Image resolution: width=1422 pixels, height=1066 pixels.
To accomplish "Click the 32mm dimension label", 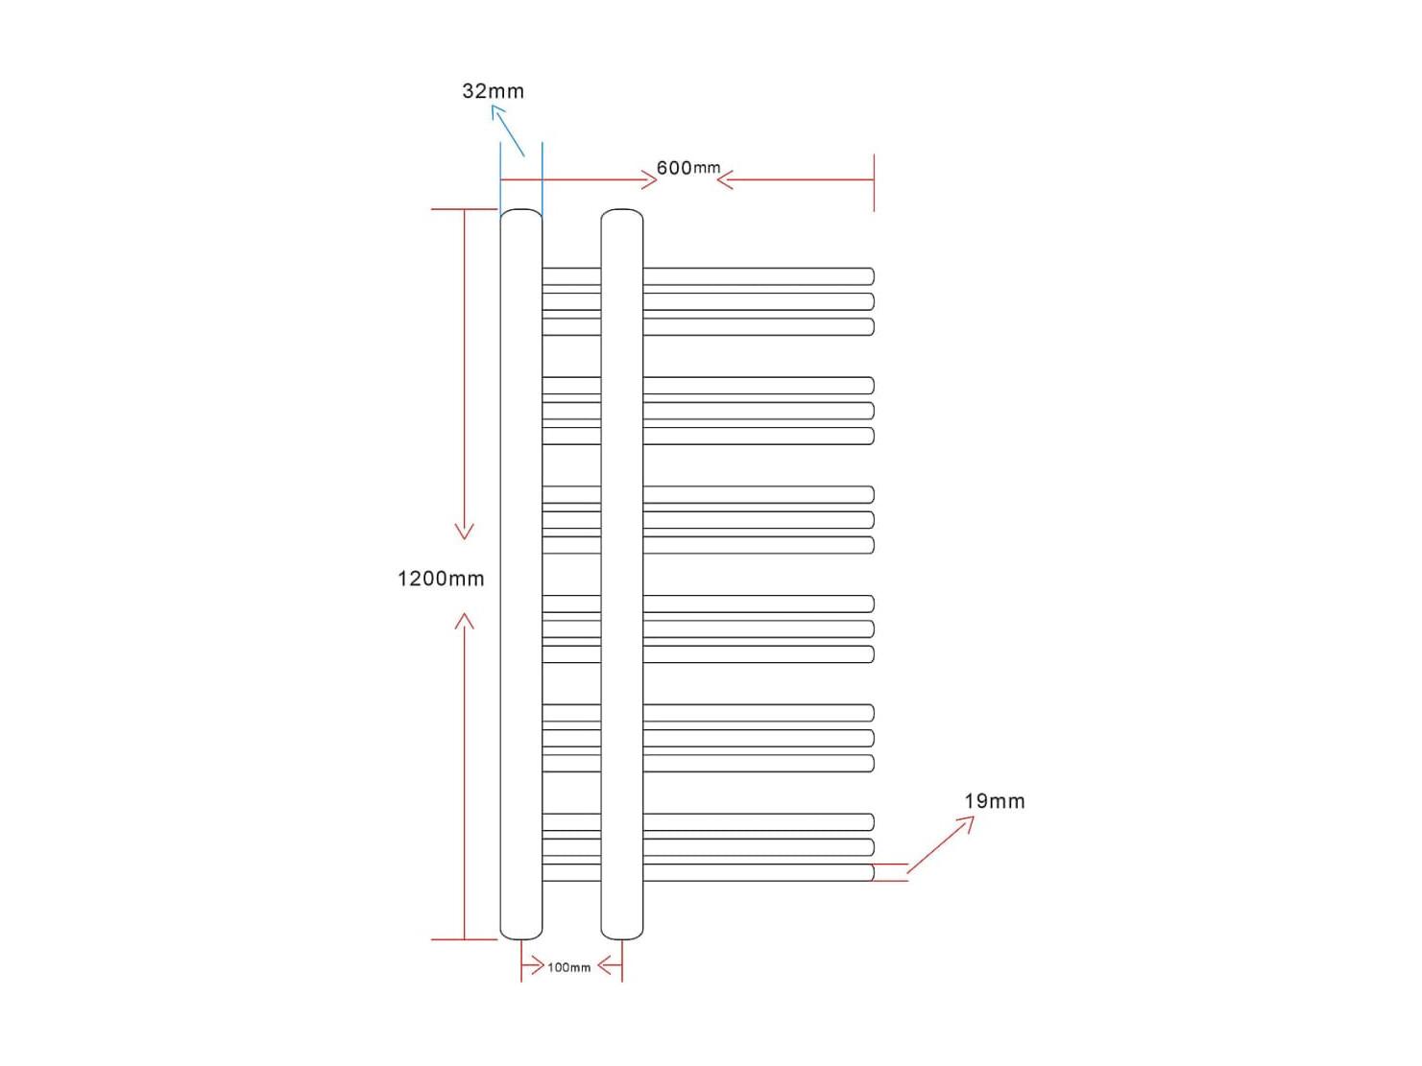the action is (x=493, y=91).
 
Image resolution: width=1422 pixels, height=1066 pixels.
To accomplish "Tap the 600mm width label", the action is (x=688, y=168).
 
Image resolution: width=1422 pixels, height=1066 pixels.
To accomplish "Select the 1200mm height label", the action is (x=441, y=578).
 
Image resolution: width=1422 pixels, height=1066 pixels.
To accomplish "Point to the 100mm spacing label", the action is (x=568, y=967).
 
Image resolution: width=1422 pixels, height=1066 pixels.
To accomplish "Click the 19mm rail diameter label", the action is (x=995, y=801).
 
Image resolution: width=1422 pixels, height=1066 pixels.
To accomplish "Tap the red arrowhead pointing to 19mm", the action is (x=967, y=823).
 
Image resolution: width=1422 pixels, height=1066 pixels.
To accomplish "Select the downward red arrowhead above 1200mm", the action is (x=464, y=531).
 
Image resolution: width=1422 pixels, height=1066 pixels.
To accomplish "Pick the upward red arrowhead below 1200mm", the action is (x=464, y=622).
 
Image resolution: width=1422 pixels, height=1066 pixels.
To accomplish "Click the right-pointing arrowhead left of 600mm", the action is (x=649, y=180).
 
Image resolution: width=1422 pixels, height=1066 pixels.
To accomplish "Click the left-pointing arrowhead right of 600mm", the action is (x=725, y=180).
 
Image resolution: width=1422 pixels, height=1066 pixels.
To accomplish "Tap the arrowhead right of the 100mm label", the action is (x=605, y=967).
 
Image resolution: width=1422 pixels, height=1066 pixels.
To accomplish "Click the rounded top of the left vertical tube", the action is (x=520, y=210).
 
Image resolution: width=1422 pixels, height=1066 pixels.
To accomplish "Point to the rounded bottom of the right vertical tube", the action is (x=622, y=937).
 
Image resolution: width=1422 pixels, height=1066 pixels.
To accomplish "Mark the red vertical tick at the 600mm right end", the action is (x=874, y=182).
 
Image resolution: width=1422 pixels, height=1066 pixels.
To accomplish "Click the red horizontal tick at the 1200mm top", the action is (x=464, y=209).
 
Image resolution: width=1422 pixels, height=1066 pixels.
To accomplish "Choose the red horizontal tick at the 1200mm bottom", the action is (x=464, y=939).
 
